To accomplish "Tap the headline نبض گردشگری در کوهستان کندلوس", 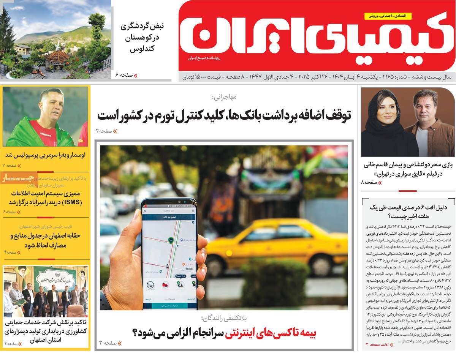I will (142, 38).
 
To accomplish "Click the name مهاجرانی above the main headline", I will (224, 97).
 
